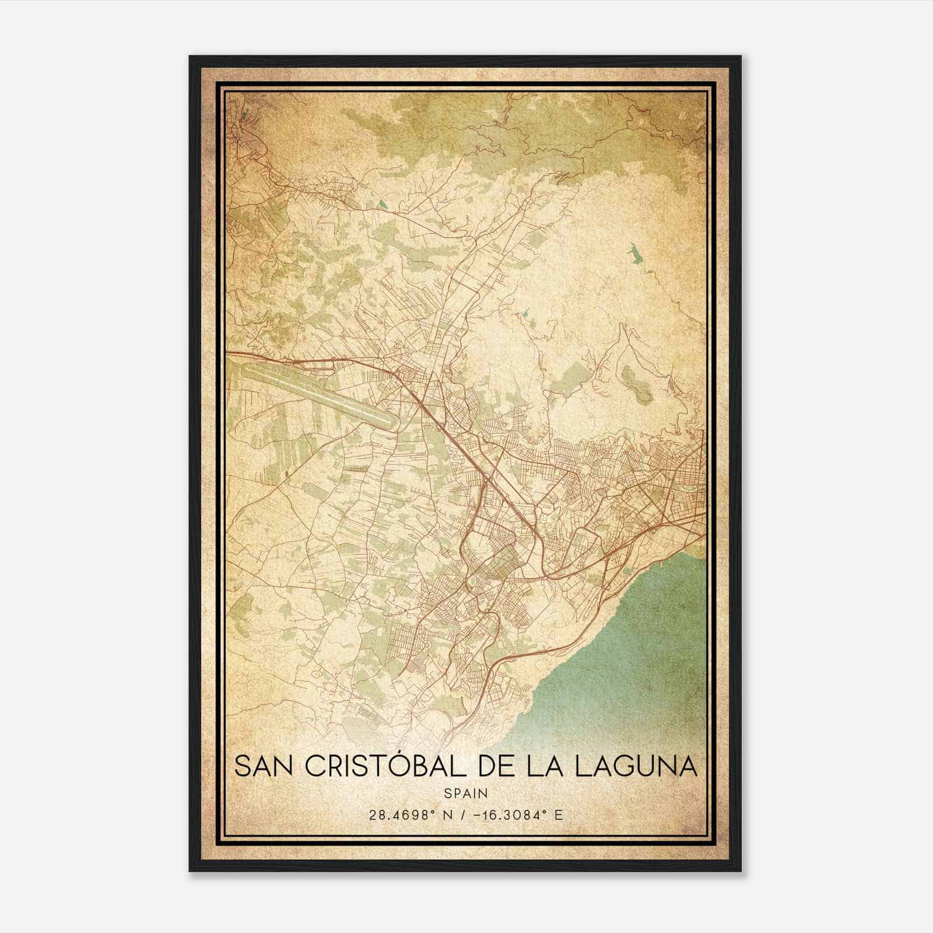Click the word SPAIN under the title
466,794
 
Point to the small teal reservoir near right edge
632,253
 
